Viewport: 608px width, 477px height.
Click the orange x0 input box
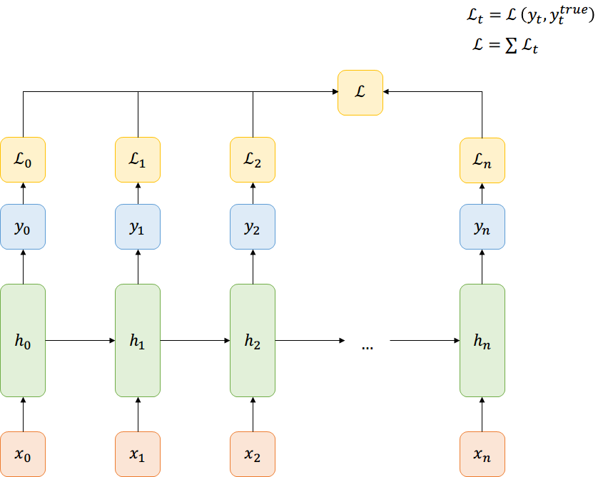point(23,454)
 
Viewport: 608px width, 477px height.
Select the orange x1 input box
point(138,454)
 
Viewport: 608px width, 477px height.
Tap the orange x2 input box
point(253,454)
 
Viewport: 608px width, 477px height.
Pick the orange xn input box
point(482,454)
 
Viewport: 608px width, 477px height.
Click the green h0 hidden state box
point(23,340)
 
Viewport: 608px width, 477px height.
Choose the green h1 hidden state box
point(138,340)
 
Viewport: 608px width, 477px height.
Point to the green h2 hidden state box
point(253,340)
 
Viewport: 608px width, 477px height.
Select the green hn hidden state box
point(482,340)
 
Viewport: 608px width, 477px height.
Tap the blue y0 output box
point(23,227)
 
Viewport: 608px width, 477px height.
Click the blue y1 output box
point(138,227)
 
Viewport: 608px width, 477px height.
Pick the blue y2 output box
point(253,227)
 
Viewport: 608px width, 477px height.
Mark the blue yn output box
point(482,227)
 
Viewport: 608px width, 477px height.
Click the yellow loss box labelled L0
point(23,160)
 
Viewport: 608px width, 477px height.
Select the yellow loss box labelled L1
point(138,160)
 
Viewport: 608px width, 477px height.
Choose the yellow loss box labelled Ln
point(482,160)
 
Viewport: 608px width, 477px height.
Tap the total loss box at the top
point(360,92)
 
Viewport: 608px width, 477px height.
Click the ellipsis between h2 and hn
point(368,346)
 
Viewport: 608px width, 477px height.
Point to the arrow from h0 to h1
point(80,340)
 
